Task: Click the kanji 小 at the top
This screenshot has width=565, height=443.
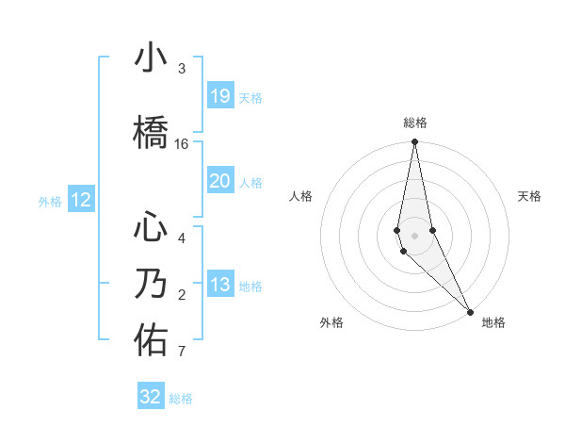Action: tap(151, 58)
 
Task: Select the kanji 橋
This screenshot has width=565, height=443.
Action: tap(151, 132)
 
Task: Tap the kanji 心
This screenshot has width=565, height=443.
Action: tap(151, 227)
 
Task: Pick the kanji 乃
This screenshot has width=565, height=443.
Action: tap(151, 284)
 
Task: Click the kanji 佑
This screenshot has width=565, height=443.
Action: tap(151, 340)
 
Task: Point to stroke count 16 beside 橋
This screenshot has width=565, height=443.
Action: tap(182, 144)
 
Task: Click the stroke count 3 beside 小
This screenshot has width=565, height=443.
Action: tap(182, 69)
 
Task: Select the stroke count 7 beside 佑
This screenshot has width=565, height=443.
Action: tap(182, 353)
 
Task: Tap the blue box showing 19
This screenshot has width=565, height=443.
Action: tap(219, 96)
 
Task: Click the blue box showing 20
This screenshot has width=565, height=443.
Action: tap(219, 181)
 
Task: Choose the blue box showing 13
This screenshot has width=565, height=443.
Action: tap(219, 285)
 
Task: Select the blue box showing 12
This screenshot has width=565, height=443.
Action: tap(80, 200)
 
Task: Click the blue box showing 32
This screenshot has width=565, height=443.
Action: tap(151, 397)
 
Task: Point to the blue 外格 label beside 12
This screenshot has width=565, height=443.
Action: tap(50, 201)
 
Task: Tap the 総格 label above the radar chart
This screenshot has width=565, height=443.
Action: tap(414, 123)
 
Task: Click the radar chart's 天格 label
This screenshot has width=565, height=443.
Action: tap(530, 196)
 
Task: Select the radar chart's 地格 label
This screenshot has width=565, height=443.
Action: tap(493, 322)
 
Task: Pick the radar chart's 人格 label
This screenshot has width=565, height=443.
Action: tap(300, 196)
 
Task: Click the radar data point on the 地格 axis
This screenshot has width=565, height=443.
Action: tap(469, 311)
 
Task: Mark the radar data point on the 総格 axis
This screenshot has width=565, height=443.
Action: tap(414, 142)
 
